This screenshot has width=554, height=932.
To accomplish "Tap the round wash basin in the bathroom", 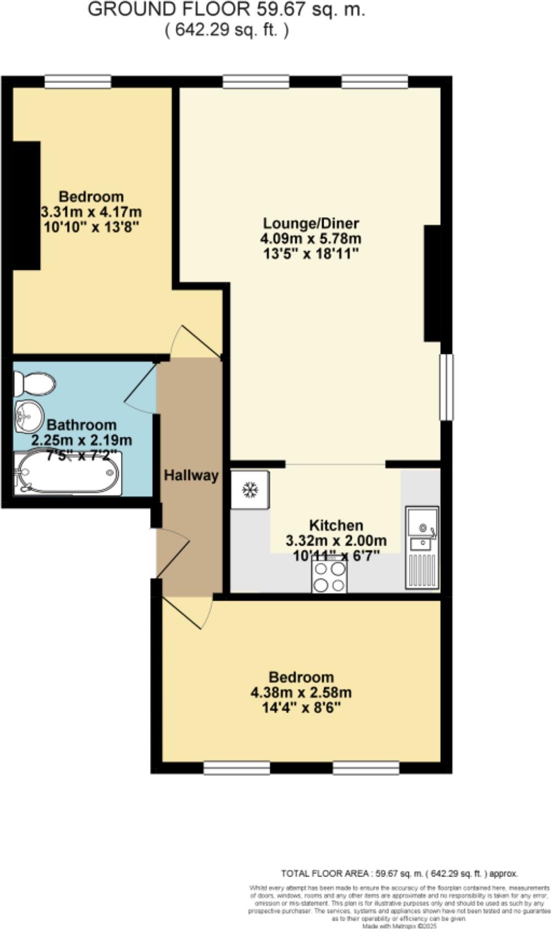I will coord(29,416).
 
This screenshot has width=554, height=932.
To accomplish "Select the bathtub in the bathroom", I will coord(68,473).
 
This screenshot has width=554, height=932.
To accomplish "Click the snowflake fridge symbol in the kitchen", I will coord(250,489).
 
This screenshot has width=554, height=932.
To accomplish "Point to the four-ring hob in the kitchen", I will coord(329,576).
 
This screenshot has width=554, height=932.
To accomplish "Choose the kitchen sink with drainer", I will coord(422,547).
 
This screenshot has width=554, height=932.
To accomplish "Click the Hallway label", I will coord(191,475).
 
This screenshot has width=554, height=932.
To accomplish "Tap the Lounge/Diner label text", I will coord(311,224).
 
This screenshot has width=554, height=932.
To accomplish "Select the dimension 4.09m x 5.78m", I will coord(311,238).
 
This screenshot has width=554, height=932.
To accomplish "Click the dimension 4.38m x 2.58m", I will coord(301,692).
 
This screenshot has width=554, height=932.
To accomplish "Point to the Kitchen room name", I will coord(336,525).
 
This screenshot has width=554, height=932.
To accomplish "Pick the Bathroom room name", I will coord(81,425).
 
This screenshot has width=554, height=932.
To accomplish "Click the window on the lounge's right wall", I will coord(447,387).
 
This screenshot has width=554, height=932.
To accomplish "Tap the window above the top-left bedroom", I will coord(78,82).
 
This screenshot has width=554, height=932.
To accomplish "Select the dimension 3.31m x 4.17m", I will coord(91,212).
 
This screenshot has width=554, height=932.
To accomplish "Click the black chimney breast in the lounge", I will coord(432,283).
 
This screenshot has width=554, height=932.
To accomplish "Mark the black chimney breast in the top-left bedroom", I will coord(26,206).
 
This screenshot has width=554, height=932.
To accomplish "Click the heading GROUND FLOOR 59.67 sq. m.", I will coord(226,9).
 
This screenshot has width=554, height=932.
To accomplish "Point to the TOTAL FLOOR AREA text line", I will coord(399,873).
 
